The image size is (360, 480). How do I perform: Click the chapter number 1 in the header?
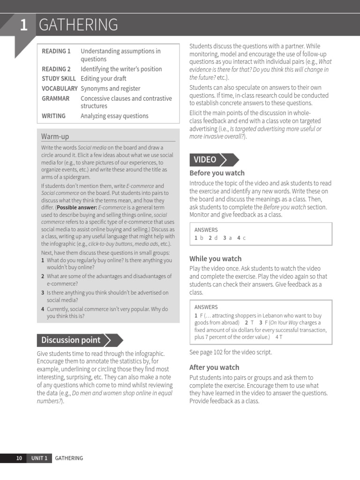pyautogui.click(x=23, y=25)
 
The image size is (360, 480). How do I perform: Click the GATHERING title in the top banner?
pyautogui.click(x=78, y=25)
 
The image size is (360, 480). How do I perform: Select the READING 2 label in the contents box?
pyautogui.click(x=56, y=69)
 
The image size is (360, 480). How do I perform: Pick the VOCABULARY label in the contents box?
pyautogui.click(x=60, y=89)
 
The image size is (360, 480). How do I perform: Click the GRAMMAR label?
pyautogui.click(x=56, y=98)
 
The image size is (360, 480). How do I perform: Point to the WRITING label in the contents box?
pyautogui.click(x=54, y=116)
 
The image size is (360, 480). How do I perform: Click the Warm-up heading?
pyautogui.click(x=55, y=136)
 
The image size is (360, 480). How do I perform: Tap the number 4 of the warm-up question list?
pyautogui.click(x=43, y=309)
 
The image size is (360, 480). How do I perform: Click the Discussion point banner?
pyautogui.click(x=71, y=340)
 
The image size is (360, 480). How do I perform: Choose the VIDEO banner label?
pyautogui.click(x=205, y=160)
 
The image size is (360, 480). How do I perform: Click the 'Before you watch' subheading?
pyautogui.click(x=217, y=173)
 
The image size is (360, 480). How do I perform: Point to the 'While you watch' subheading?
pyautogui.click(x=215, y=258)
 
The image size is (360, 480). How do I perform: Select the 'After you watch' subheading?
pyautogui.click(x=214, y=367)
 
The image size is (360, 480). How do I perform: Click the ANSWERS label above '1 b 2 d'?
pyautogui.click(x=206, y=230)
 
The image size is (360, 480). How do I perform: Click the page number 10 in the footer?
pyautogui.click(x=19, y=458)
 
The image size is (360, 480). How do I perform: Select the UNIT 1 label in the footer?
pyautogui.click(x=39, y=458)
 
